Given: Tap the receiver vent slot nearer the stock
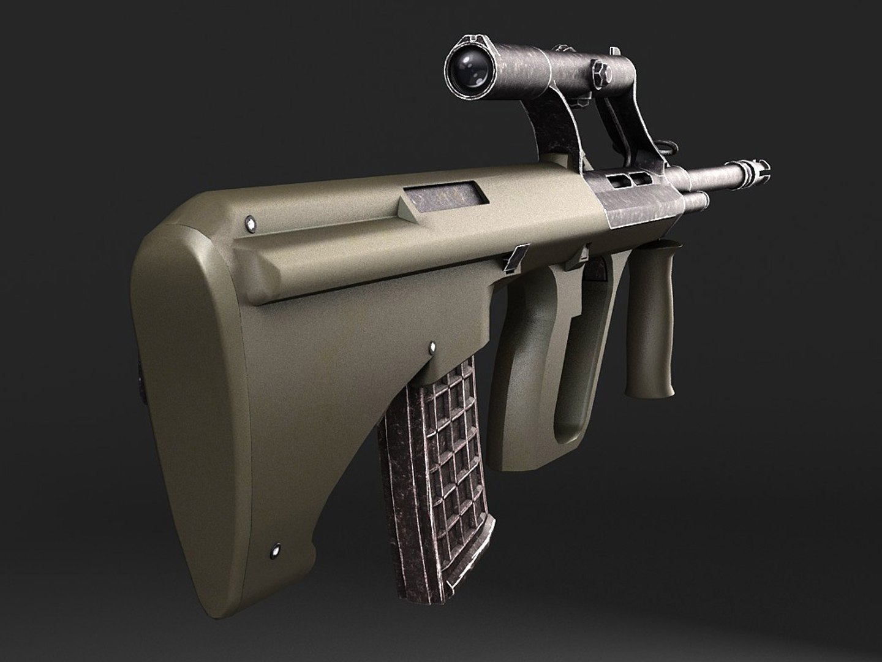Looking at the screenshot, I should [x=617, y=181].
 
